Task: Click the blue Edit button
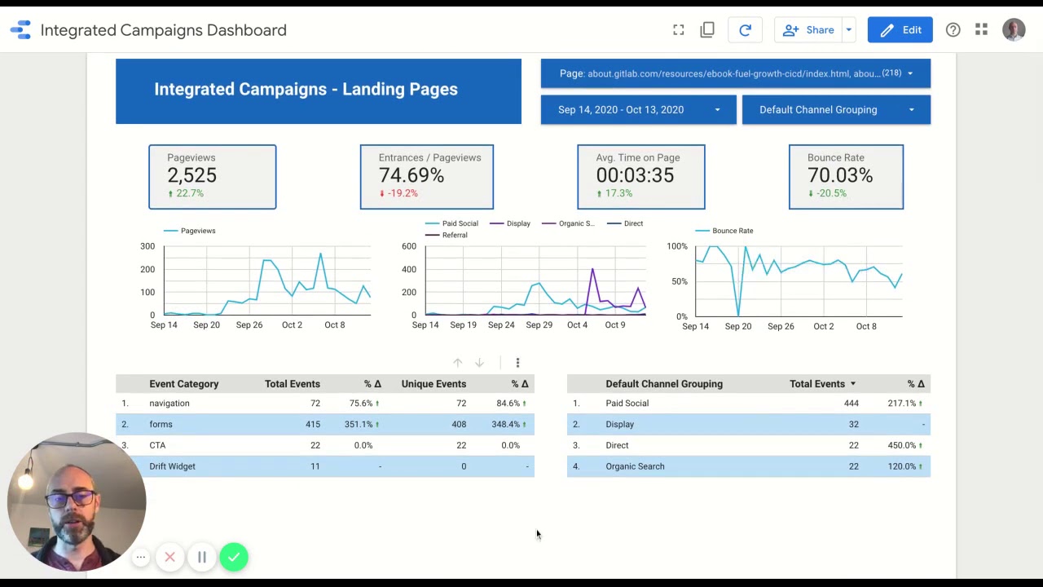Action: [900, 30]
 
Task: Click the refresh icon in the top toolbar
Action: [745, 30]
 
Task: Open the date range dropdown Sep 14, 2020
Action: [638, 109]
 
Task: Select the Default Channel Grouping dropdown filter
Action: [835, 109]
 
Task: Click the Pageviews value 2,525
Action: [192, 175]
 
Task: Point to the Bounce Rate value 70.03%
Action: [839, 175]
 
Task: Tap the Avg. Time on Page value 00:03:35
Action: [635, 175]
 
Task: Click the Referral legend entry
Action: [454, 235]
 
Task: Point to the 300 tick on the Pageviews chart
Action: [147, 246]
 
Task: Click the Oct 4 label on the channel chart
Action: [577, 324]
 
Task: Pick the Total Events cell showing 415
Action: [312, 424]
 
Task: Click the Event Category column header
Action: [183, 384]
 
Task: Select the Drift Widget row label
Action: [172, 466]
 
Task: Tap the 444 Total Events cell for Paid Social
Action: [851, 403]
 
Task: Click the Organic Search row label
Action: [635, 466]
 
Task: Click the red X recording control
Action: [169, 558]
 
